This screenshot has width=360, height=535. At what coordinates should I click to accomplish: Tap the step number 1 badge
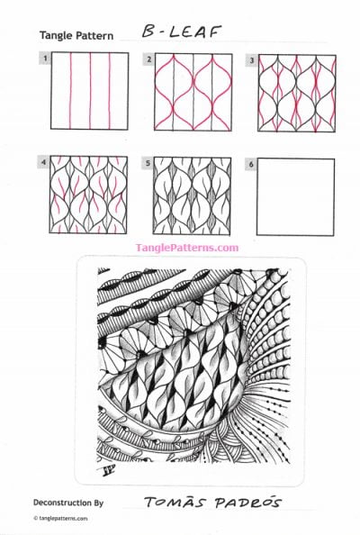click(x=43, y=59)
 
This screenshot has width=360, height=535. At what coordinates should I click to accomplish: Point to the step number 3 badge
click(x=252, y=59)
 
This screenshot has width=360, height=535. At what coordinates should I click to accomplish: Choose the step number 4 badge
click(x=43, y=163)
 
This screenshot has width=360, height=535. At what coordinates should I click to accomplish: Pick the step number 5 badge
click(x=148, y=163)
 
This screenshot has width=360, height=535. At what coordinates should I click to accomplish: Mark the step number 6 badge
click(x=252, y=163)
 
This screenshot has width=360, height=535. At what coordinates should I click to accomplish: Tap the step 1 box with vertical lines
click(x=88, y=94)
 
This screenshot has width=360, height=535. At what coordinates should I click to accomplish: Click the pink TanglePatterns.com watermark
click(x=186, y=247)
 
